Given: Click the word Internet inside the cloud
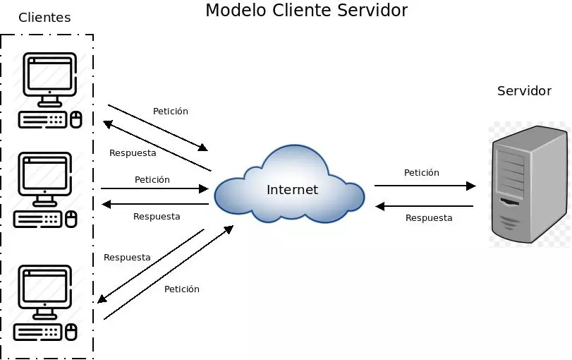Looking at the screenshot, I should click(292, 190).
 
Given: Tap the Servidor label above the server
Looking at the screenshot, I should click(524, 91).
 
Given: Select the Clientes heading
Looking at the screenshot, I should click(44, 18).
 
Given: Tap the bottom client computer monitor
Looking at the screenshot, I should click(44, 287).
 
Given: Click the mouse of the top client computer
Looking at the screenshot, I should click(75, 119).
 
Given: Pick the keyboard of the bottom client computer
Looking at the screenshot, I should click(39, 332).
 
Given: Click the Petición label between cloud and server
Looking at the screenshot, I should click(422, 173).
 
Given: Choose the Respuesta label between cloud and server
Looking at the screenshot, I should click(429, 218).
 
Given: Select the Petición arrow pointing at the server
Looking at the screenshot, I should click(425, 186).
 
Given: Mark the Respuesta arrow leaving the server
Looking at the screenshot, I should click(425, 206).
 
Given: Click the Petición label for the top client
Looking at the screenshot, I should click(171, 112).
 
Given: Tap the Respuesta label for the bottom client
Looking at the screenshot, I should click(127, 258).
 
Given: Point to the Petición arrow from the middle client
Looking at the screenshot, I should click(154, 188).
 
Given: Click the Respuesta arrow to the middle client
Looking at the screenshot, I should click(154, 204).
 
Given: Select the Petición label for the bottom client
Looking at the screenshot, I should click(182, 289).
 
